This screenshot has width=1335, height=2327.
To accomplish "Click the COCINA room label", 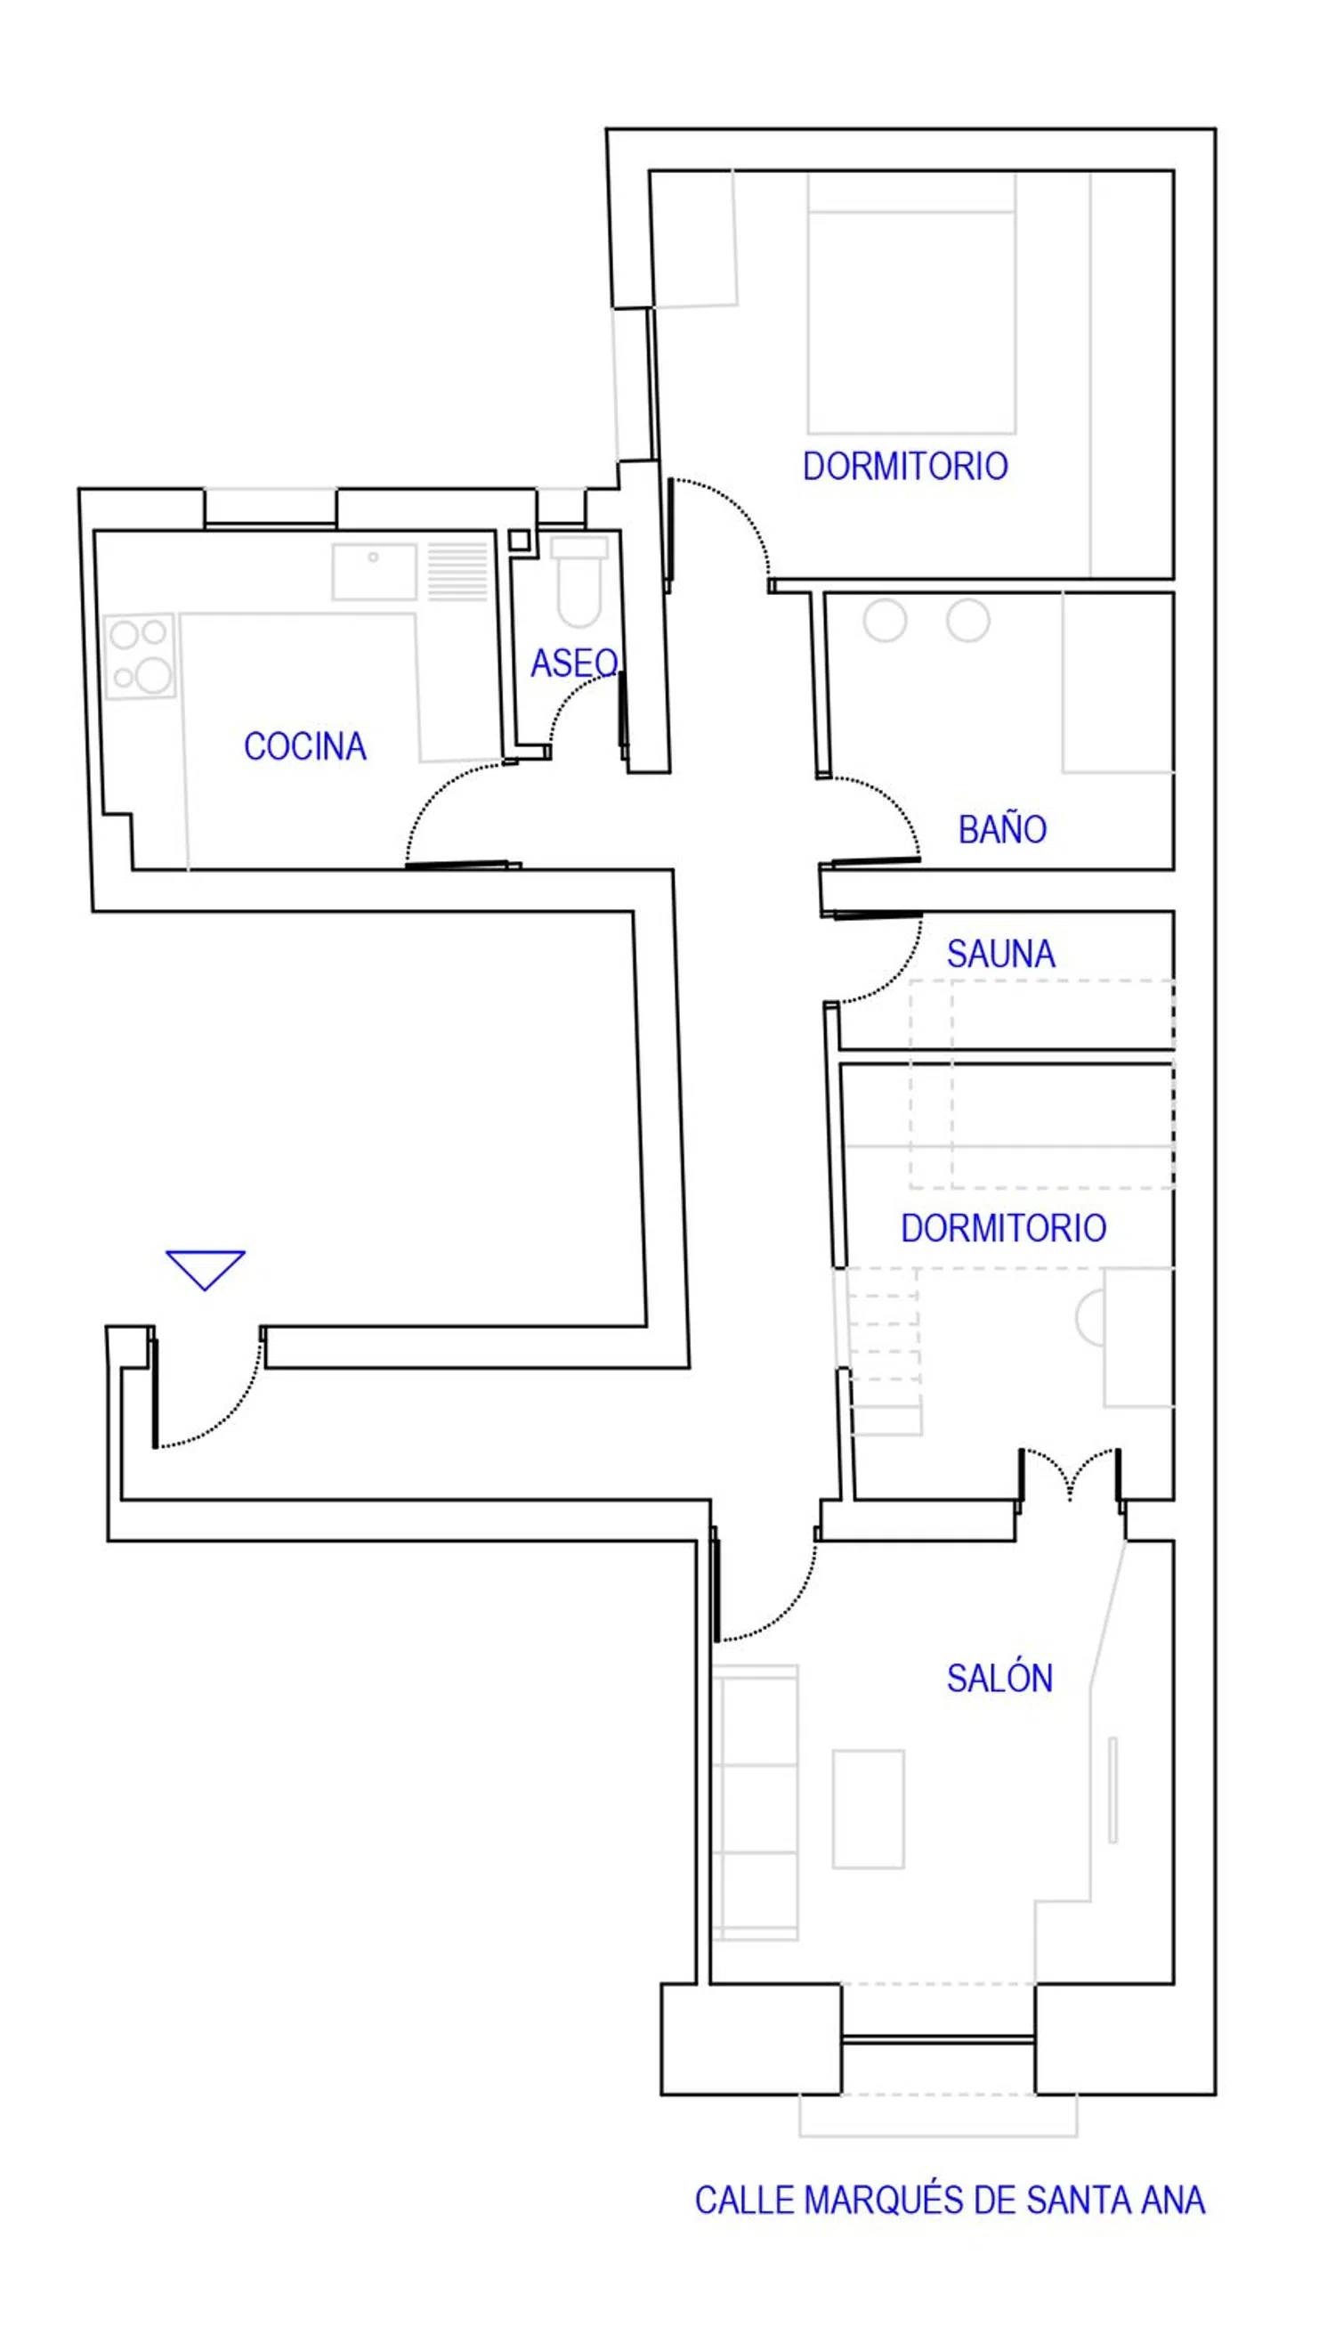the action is [x=305, y=746].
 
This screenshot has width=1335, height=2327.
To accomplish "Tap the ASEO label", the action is [x=575, y=663].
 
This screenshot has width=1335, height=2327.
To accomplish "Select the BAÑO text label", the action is [x=1002, y=829].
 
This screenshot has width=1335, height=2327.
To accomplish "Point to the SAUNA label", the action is [x=1001, y=954].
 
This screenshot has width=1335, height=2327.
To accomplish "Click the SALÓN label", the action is [x=999, y=1679].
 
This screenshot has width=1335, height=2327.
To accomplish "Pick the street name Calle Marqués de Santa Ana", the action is [x=950, y=2201].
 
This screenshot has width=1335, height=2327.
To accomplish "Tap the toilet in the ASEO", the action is [x=578, y=582].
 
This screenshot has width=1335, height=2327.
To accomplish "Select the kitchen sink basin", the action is [x=374, y=572].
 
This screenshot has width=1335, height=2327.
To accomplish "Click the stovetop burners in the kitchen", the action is [x=140, y=655].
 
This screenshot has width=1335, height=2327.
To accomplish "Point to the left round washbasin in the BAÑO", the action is [x=885, y=620].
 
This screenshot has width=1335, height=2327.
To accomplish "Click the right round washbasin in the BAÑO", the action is [x=968, y=620].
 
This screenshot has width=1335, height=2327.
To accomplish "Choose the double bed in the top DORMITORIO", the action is [x=911, y=303].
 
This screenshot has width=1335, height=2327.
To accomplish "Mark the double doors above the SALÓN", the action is [x=1069, y=1476].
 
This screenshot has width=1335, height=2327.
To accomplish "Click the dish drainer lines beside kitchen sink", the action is [x=457, y=571].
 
